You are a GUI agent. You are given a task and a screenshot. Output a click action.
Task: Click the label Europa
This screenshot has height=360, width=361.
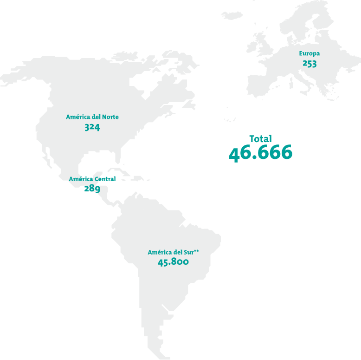click(309, 53)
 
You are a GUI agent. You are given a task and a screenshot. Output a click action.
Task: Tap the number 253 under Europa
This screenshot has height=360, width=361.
click(309, 64)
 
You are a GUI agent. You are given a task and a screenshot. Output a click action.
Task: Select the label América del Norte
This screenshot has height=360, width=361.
click(92, 117)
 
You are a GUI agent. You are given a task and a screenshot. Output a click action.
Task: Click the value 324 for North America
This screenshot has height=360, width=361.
click(92, 127)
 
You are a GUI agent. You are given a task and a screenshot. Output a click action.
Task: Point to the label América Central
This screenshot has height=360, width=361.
click(92, 179)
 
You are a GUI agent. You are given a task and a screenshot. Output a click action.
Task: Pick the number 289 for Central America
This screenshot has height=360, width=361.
click(92, 189)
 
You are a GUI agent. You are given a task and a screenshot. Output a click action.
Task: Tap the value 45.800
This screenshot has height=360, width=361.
click(173, 262)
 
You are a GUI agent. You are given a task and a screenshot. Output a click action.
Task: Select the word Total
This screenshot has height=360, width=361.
click(260, 138)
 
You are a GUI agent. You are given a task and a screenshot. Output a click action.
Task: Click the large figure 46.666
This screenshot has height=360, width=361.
click(260, 153)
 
